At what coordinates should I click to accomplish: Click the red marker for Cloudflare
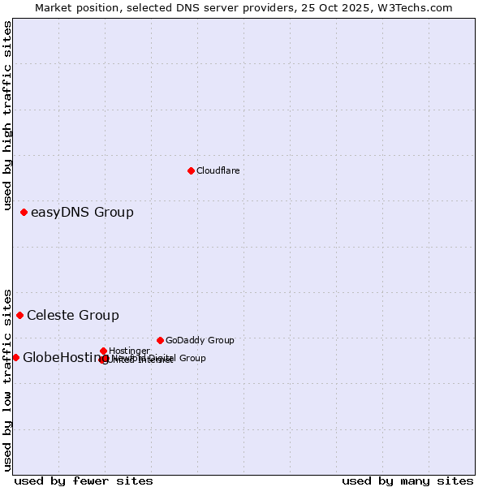point(191,170)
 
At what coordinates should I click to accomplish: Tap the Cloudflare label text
point(218,170)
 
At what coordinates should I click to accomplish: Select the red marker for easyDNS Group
point(24,213)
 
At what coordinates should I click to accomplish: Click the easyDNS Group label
point(82,213)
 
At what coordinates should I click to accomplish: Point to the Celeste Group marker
point(19,315)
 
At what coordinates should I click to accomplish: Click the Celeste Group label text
point(73,316)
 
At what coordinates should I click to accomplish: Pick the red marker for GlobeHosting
point(15,357)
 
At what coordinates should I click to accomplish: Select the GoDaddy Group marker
point(160,340)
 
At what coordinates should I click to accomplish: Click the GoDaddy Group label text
point(200,340)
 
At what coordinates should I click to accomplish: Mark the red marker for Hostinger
point(103,351)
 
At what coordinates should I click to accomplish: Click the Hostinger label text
point(129,351)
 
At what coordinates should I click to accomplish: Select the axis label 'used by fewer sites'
point(84,481)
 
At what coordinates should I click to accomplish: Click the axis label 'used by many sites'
point(407,481)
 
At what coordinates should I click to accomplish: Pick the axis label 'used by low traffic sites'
point(7,380)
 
